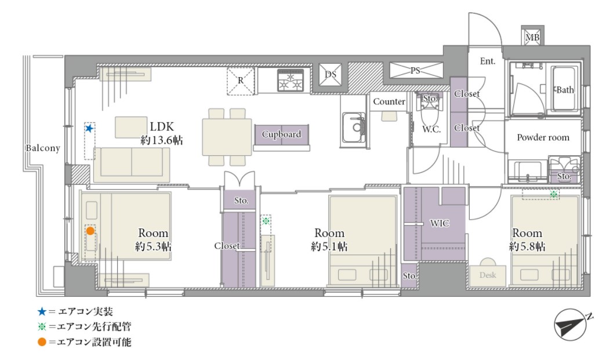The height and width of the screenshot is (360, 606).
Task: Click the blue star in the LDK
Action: click(89, 128)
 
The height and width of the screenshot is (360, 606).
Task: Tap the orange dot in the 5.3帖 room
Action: click(90, 231)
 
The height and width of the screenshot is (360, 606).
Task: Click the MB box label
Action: click(532, 38)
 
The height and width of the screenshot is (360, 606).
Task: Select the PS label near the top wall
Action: click(415, 71)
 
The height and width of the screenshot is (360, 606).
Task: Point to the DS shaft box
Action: click(330, 75)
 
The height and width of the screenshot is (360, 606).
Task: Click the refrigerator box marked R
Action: click(241, 81)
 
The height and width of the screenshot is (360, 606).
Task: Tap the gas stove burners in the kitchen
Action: click(291, 81)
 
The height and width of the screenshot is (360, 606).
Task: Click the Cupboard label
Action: click(281, 134)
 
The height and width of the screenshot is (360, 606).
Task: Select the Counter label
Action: click(389, 101)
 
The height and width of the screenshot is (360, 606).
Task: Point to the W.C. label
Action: click(431, 129)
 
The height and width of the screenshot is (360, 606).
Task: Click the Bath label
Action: click(565, 90)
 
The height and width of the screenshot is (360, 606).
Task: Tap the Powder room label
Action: click(543, 137)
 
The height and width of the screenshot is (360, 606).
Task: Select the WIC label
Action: click(440, 223)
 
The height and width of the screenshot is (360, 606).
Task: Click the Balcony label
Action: click(43, 148)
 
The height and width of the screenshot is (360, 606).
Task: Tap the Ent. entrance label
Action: click(487, 61)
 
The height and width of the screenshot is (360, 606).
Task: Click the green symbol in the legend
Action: click(42, 326)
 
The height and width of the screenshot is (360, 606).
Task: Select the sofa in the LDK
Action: click(132, 165)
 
